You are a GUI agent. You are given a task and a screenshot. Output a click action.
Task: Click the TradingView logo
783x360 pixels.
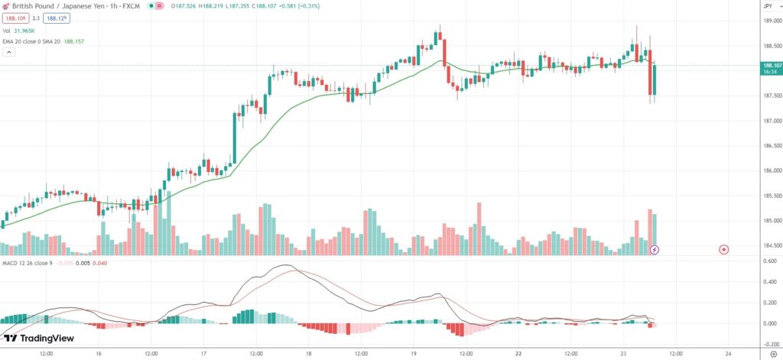click(x=41, y=338)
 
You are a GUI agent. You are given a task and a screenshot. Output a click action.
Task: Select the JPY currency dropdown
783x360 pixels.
click(x=768, y=6)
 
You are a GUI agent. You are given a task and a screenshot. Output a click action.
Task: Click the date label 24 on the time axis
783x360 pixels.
click(x=728, y=354)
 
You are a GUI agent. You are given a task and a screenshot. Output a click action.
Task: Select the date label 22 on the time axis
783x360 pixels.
click(x=518, y=354)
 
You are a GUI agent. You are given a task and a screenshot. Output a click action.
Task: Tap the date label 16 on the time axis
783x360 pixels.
click(x=99, y=354)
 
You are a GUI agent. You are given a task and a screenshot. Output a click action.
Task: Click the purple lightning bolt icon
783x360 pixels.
click(x=655, y=249)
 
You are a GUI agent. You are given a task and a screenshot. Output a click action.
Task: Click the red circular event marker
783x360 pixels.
click(x=723, y=249)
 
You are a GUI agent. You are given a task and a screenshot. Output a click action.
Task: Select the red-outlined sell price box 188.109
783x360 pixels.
click(x=15, y=17)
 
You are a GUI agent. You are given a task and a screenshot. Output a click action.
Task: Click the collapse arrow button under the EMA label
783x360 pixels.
click(x=9, y=52)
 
